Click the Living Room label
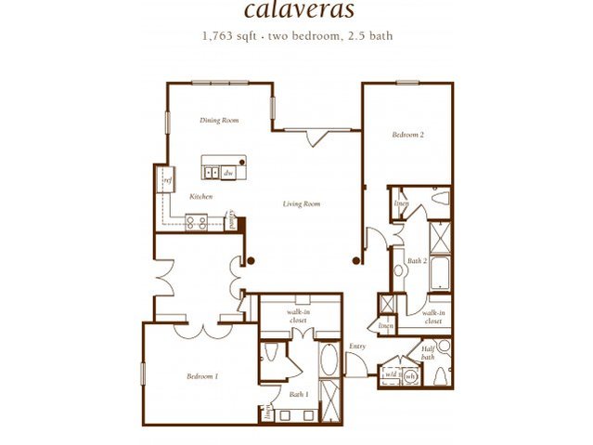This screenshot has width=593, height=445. tap(302, 203)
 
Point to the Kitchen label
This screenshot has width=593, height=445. tap(201, 197)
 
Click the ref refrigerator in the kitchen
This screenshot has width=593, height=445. tap(168, 180)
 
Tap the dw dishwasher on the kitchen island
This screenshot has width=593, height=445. tap(227, 173)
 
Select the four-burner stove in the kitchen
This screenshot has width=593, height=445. tap(195, 222)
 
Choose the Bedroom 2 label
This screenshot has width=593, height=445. tap(407, 136)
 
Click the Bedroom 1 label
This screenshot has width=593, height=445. tap(201, 376)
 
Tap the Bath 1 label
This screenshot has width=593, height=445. tap(298, 395)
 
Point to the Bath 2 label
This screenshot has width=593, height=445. tap(417, 261)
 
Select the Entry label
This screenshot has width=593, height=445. tap(357, 347)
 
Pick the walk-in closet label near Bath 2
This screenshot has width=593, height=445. tap(433, 317)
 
